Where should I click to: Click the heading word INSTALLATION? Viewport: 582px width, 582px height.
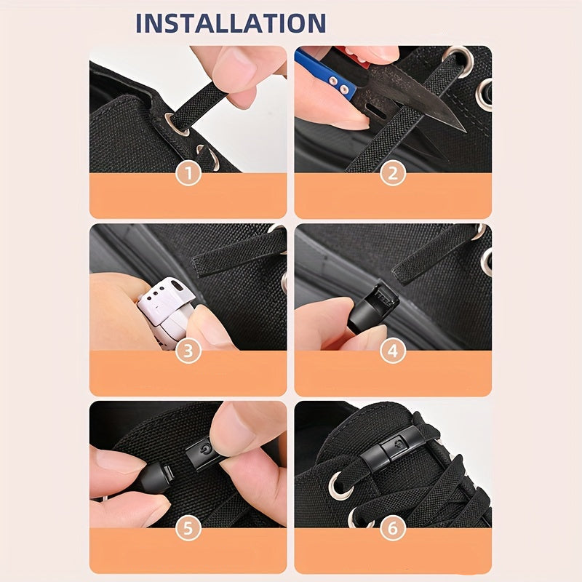(231, 23)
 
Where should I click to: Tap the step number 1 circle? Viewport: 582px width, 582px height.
(188, 173)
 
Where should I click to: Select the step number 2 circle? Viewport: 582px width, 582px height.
(393, 173)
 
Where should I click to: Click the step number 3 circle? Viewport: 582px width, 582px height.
(188, 351)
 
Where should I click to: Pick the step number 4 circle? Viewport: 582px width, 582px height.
(393, 351)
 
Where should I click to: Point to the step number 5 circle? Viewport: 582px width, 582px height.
(188, 528)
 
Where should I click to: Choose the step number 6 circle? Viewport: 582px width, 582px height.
(393, 528)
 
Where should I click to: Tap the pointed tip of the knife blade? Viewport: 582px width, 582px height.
(465, 131)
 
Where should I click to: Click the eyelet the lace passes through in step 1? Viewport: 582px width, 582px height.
(176, 124)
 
